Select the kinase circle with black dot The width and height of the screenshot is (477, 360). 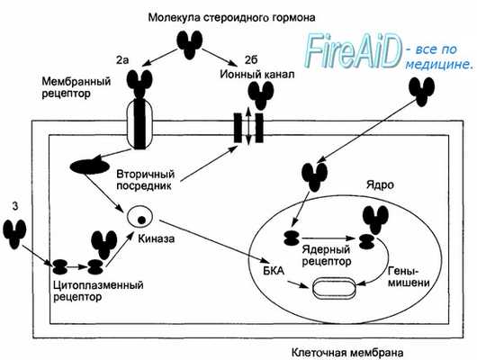pos(139,217)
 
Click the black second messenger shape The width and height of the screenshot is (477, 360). pos(87,166)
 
